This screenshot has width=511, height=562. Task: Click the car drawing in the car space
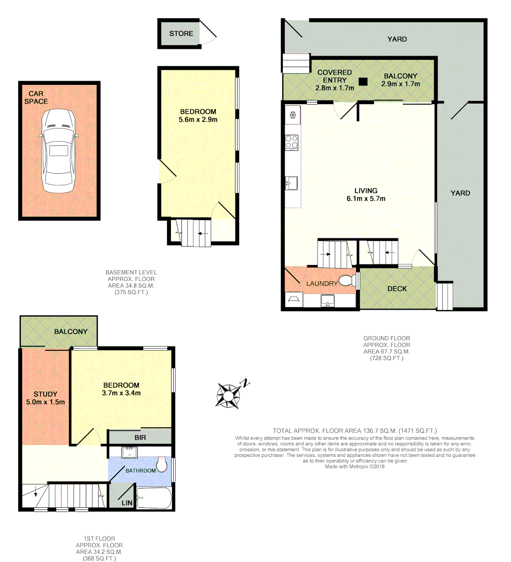click(x=58, y=150)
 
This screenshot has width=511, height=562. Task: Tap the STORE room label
click(x=181, y=33)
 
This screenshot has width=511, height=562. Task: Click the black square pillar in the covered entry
click(x=363, y=81)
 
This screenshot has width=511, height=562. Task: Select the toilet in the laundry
click(x=346, y=282)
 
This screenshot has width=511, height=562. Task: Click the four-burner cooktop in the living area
click(x=292, y=142)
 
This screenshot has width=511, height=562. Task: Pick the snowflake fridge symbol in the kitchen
click(x=292, y=114)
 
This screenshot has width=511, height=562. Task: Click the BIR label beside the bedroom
click(x=140, y=438)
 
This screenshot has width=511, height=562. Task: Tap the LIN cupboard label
click(x=126, y=503)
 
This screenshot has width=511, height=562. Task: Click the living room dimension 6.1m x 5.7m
click(x=366, y=198)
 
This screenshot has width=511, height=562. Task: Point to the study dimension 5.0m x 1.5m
click(x=46, y=402)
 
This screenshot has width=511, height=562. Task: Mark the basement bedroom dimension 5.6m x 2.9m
click(x=198, y=119)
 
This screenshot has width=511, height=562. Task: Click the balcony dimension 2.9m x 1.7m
click(x=401, y=84)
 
